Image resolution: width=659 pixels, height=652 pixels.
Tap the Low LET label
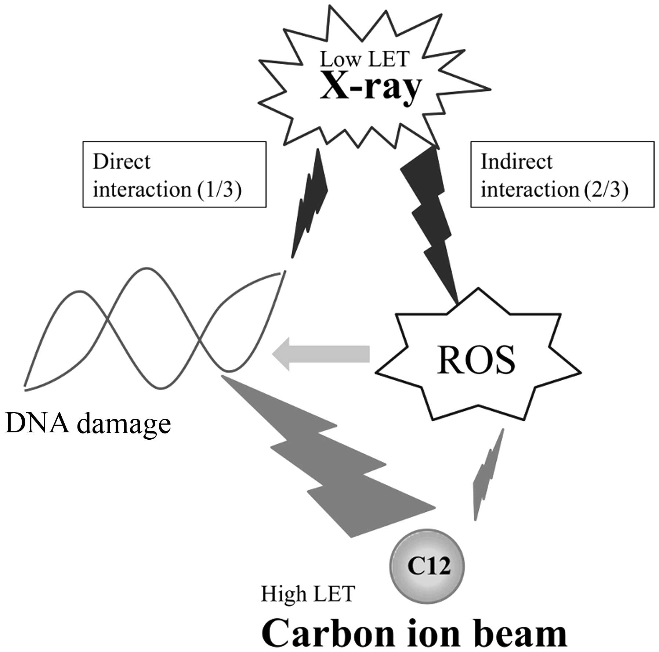pyautogui.click(x=364, y=59)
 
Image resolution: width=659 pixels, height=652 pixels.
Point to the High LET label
pyautogui.click(x=308, y=594)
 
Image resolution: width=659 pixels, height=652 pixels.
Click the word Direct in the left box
pyautogui.click(x=122, y=162)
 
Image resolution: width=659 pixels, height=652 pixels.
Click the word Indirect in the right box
pyautogui.click(x=516, y=162)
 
